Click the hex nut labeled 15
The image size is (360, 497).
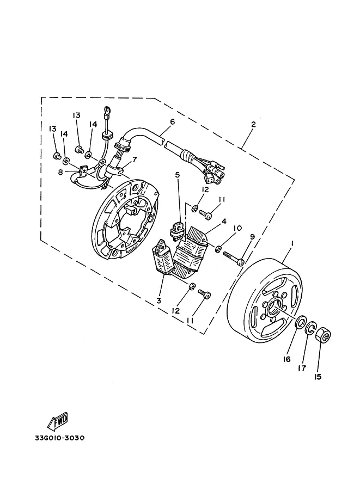tap(324, 335)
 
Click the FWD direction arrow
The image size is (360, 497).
tap(57, 421)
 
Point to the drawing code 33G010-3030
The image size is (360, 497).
tap(60, 438)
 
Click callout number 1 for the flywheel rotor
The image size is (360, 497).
tap(292, 243)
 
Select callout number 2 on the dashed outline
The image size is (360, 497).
tap(253, 124)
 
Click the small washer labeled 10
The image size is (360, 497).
tap(218, 249)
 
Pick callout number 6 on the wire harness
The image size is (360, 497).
tap(172, 122)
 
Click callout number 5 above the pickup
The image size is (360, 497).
tap(178, 174)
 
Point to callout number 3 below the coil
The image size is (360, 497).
tap(158, 300)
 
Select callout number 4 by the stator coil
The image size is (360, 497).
tap(224, 221)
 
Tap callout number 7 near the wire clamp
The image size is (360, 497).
tap(135, 159)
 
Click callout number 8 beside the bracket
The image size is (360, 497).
tap(60, 172)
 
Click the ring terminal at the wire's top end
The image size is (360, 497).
tap(107, 110)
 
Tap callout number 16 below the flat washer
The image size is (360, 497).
tap(286, 359)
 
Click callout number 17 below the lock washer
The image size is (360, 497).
tap(302, 368)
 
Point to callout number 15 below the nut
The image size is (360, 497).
tap(318, 377)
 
